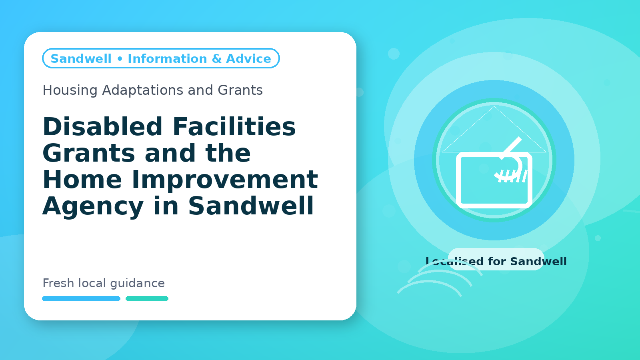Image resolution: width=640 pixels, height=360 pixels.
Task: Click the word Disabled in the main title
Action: coord(102,126)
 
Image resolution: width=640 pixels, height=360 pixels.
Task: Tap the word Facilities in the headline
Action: coord(234,126)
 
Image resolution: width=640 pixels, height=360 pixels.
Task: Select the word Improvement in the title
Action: coord(225,180)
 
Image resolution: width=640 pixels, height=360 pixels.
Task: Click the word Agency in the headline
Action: coord(93,206)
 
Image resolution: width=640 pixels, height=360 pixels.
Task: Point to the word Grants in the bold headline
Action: coord(89,153)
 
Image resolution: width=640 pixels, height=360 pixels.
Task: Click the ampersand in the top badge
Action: coord(217,58)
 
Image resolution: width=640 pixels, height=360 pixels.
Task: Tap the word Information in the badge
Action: coord(168,58)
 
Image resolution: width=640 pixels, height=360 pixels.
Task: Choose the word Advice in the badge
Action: coord(248,58)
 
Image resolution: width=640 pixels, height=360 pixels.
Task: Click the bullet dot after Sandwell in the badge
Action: coord(120,59)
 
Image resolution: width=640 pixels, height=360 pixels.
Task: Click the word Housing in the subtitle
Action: coord(70,90)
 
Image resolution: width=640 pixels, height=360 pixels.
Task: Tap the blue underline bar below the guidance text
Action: coord(81,298)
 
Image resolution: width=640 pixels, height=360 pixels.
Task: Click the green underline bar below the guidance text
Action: coord(147,298)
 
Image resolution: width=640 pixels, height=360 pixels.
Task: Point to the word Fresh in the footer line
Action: coord(58,283)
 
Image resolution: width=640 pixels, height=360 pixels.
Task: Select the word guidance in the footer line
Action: coord(138,284)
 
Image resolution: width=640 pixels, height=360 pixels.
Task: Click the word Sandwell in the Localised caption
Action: coord(538,262)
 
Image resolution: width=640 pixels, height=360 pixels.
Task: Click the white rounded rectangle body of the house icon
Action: coord(458,180)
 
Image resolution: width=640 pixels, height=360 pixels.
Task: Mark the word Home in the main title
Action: coord(82,180)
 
